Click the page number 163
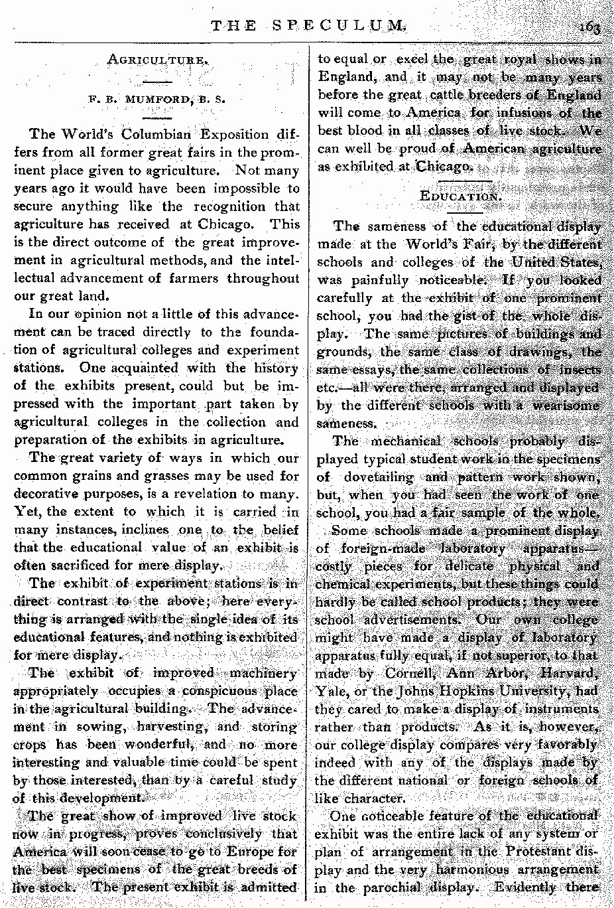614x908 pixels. pyautogui.click(x=589, y=27)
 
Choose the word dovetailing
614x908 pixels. pyautogui.click(x=379, y=477)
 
